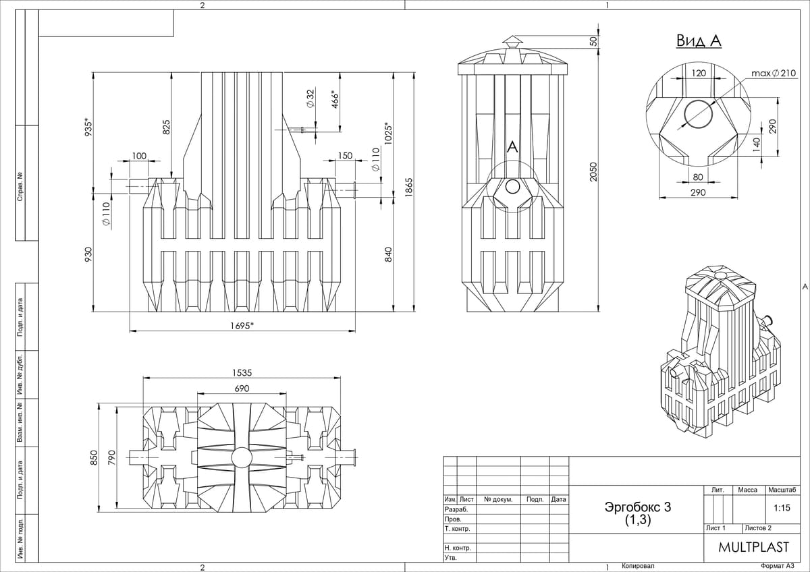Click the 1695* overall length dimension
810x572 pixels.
[242, 325]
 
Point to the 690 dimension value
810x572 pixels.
[242, 389]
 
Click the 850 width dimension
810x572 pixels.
[94, 457]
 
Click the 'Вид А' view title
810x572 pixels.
[699, 41]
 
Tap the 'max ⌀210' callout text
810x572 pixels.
[774, 72]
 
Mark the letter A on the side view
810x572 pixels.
[512, 147]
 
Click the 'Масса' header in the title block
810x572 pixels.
[748, 490]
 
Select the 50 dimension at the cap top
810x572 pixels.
[593, 42]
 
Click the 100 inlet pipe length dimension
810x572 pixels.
[139, 156]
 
